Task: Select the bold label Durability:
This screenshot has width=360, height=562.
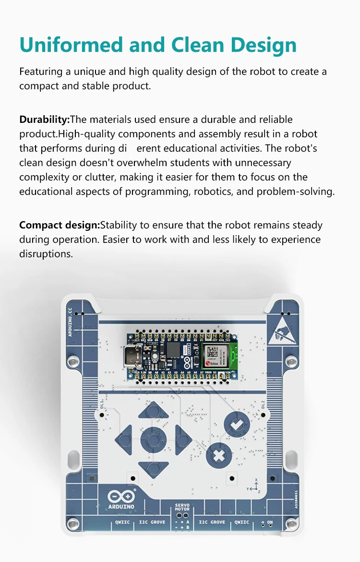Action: click(x=45, y=120)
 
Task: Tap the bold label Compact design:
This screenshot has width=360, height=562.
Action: click(x=60, y=225)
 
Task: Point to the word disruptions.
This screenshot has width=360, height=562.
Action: click(x=46, y=254)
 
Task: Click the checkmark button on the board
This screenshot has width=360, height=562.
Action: click(x=237, y=424)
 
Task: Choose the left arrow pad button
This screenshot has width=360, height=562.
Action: click(x=125, y=438)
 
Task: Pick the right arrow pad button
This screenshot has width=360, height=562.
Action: click(x=182, y=438)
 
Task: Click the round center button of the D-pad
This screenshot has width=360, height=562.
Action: click(x=153, y=439)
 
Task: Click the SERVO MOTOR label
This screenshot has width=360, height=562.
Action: click(x=182, y=507)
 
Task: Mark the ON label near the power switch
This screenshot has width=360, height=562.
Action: click(x=269, y=522)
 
